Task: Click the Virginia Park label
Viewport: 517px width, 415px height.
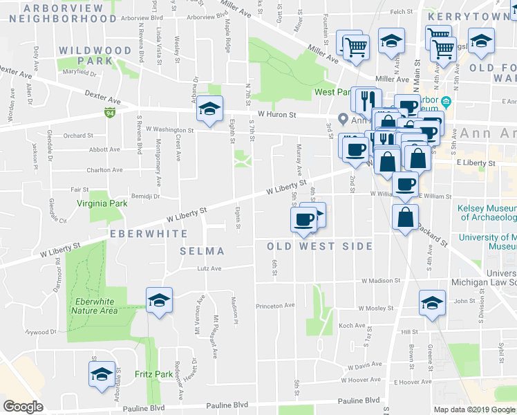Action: coord(102,204)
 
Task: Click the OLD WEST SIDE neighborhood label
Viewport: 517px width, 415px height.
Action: coord(320,246)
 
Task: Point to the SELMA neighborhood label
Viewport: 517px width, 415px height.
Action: coord(202,250)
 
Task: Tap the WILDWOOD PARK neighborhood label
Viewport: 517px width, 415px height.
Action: coord(95,55)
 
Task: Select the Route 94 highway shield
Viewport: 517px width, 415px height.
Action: coord(110,112)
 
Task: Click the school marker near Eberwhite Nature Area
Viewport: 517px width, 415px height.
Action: coord(159,301)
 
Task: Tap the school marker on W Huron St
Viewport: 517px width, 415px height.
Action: coord(209,108)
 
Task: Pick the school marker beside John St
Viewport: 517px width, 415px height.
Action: coord(432,303)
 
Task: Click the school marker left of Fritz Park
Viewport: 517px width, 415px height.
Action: coord(102,374)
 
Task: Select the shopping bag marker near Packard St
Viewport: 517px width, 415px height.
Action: coord(404,216)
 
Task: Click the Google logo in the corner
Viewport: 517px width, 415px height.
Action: coord(23,407)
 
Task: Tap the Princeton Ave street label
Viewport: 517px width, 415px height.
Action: coord(275,305)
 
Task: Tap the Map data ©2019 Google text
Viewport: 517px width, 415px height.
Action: coord(474,409)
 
